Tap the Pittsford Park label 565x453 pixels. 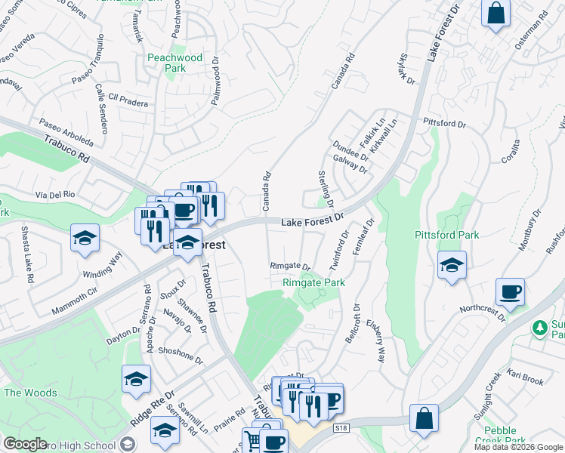[446, 235]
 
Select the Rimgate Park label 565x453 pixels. [313, 282]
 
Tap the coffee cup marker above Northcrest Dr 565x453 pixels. [510, 291]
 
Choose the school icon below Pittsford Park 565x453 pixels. [452, 265]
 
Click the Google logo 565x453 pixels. [25, 444]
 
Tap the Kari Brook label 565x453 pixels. [526, 377]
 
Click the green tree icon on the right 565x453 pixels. [539, 327]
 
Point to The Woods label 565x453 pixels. [30, 393]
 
